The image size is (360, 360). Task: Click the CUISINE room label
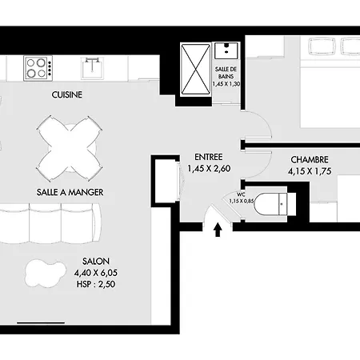coord(66,94)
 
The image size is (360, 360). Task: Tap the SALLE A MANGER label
coord(70,192)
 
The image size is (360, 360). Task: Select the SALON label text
coord(96,261)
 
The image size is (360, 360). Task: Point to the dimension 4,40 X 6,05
coord(96,273)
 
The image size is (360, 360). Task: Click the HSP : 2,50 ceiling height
coord(96,284)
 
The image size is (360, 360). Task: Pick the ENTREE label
coord(209,157)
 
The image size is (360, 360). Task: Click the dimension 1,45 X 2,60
coord(209,169)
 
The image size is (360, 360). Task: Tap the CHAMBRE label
coord(310,160)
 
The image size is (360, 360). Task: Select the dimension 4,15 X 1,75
coord(310,171)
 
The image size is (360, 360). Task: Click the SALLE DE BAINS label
coord(226,73)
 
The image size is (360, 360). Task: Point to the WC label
coord(241,194)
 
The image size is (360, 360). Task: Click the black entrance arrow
coord(218,230)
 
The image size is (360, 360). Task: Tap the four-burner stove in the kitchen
coord(38,68)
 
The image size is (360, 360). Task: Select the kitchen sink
coord(92,68)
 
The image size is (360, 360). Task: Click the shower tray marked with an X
coord(196,69)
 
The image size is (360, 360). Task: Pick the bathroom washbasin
coord(226,50)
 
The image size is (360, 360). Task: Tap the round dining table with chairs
coord(70,149)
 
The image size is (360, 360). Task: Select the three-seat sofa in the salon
coord(50,223)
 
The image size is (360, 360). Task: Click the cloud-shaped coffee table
coord(46,274)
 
